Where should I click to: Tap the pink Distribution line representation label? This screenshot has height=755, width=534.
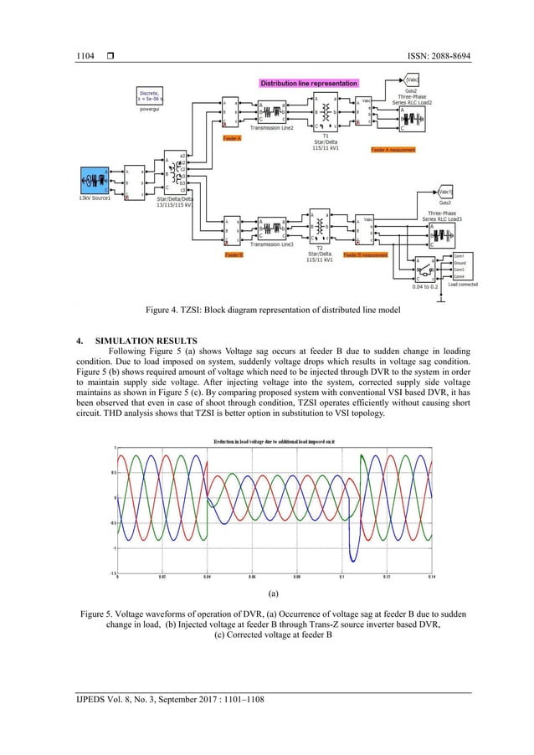[309, 84]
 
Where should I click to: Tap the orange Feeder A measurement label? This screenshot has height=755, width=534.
[393, 149]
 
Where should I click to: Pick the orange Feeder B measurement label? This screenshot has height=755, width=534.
[366, 254]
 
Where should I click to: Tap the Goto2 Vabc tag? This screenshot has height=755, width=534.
[412, 81]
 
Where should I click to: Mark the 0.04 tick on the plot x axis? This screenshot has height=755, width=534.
[207, 578]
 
